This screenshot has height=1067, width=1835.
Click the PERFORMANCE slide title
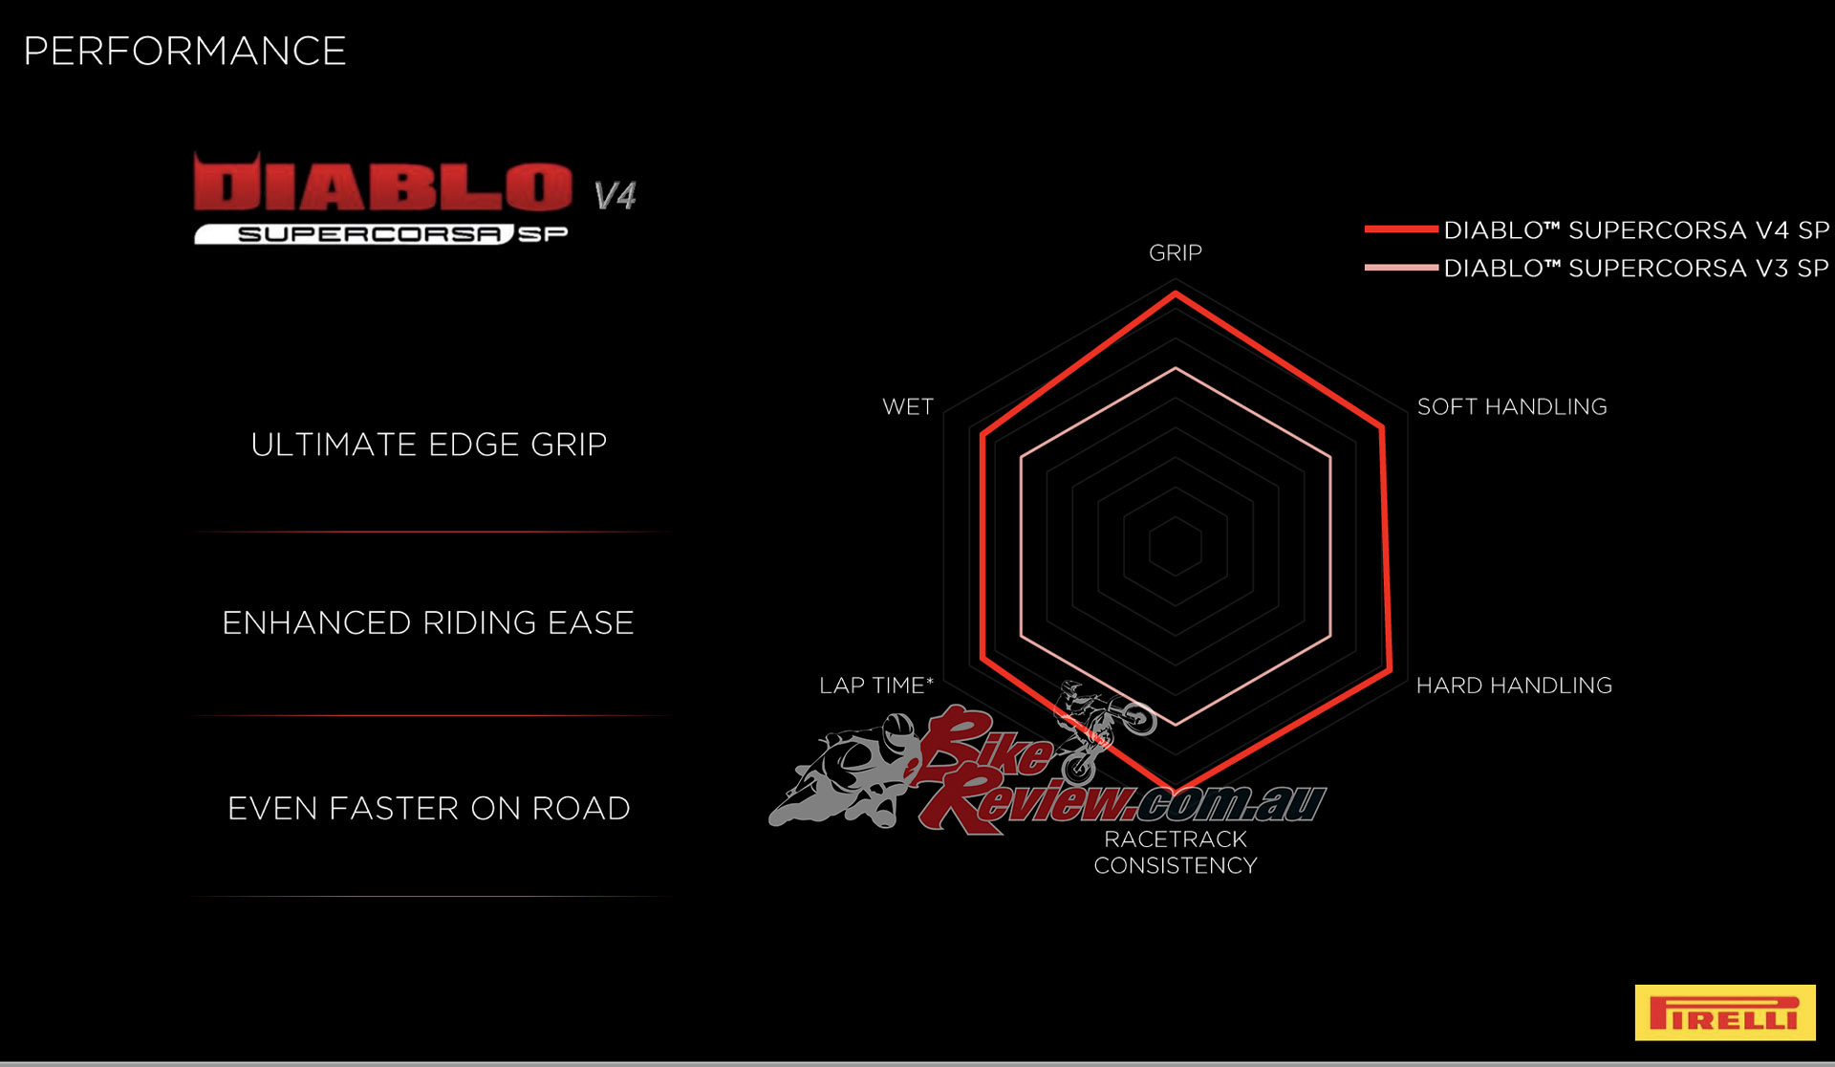click(x=184, y=52)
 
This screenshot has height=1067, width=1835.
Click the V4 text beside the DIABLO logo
click(x=615, y=196)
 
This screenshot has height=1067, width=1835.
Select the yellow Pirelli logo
click(x=1724, y=1013)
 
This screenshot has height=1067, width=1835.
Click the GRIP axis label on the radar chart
click(x=1175, y=253)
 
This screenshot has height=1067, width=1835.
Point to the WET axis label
click(x=908, y=407)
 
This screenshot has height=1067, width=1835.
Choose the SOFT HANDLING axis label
click(x=1511, y=407)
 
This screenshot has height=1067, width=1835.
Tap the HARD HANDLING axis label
click(x=1514, y=686)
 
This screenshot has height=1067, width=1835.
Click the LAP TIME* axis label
click(x=875, y=686)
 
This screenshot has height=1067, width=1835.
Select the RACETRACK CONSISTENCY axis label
click(x=1175, y=852)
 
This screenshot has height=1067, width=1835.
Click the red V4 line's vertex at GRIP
click(x=1176, y=294)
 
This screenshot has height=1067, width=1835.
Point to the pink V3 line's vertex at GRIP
click(x=1176, y=368)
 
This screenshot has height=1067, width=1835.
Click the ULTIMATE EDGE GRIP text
click(x=428, y=445)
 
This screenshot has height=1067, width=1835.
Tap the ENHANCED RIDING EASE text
click(x=428, y=623)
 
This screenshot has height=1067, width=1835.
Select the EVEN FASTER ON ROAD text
click(x=428, y=809)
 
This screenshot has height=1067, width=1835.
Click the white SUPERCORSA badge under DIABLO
click(x=354, y=234)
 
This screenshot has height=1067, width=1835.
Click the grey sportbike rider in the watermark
click(x=846, y=774)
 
